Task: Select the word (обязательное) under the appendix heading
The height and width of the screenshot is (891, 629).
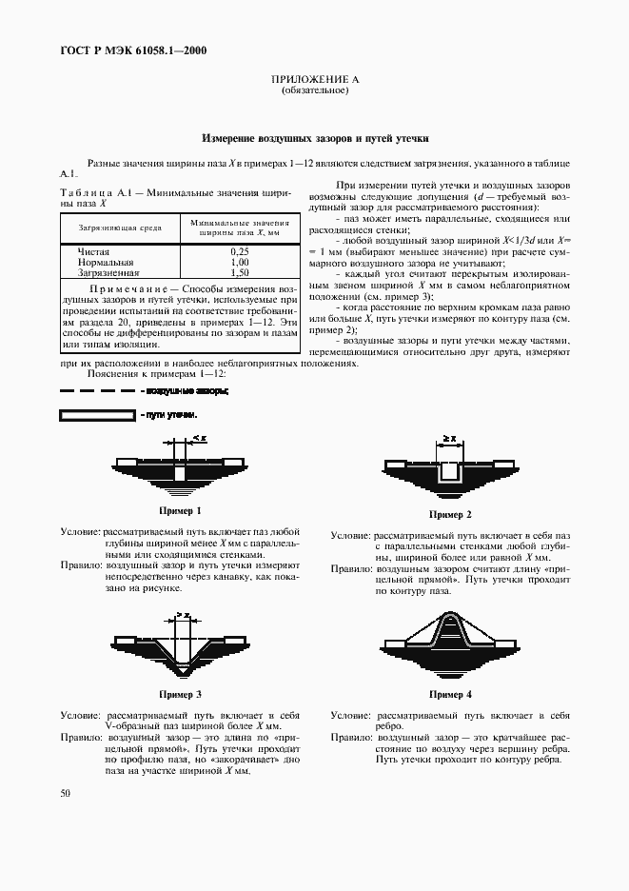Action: tap(315, 92)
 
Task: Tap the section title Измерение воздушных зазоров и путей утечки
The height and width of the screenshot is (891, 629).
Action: tap(315, 138)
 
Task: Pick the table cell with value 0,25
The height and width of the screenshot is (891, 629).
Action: tap(239, 251)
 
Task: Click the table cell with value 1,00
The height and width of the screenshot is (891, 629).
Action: tap(239, 261)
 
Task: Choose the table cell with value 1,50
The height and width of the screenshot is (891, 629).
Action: tap(239, 271)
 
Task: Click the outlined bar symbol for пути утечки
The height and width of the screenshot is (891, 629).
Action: tap(97, 416)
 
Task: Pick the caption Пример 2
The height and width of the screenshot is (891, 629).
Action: tap(450, 514)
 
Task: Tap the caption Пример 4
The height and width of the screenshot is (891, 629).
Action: tap(450, 695)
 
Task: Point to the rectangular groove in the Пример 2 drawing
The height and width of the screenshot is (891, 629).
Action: tap(449, 471)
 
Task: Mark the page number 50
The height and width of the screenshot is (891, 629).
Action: tap(66, 792)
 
